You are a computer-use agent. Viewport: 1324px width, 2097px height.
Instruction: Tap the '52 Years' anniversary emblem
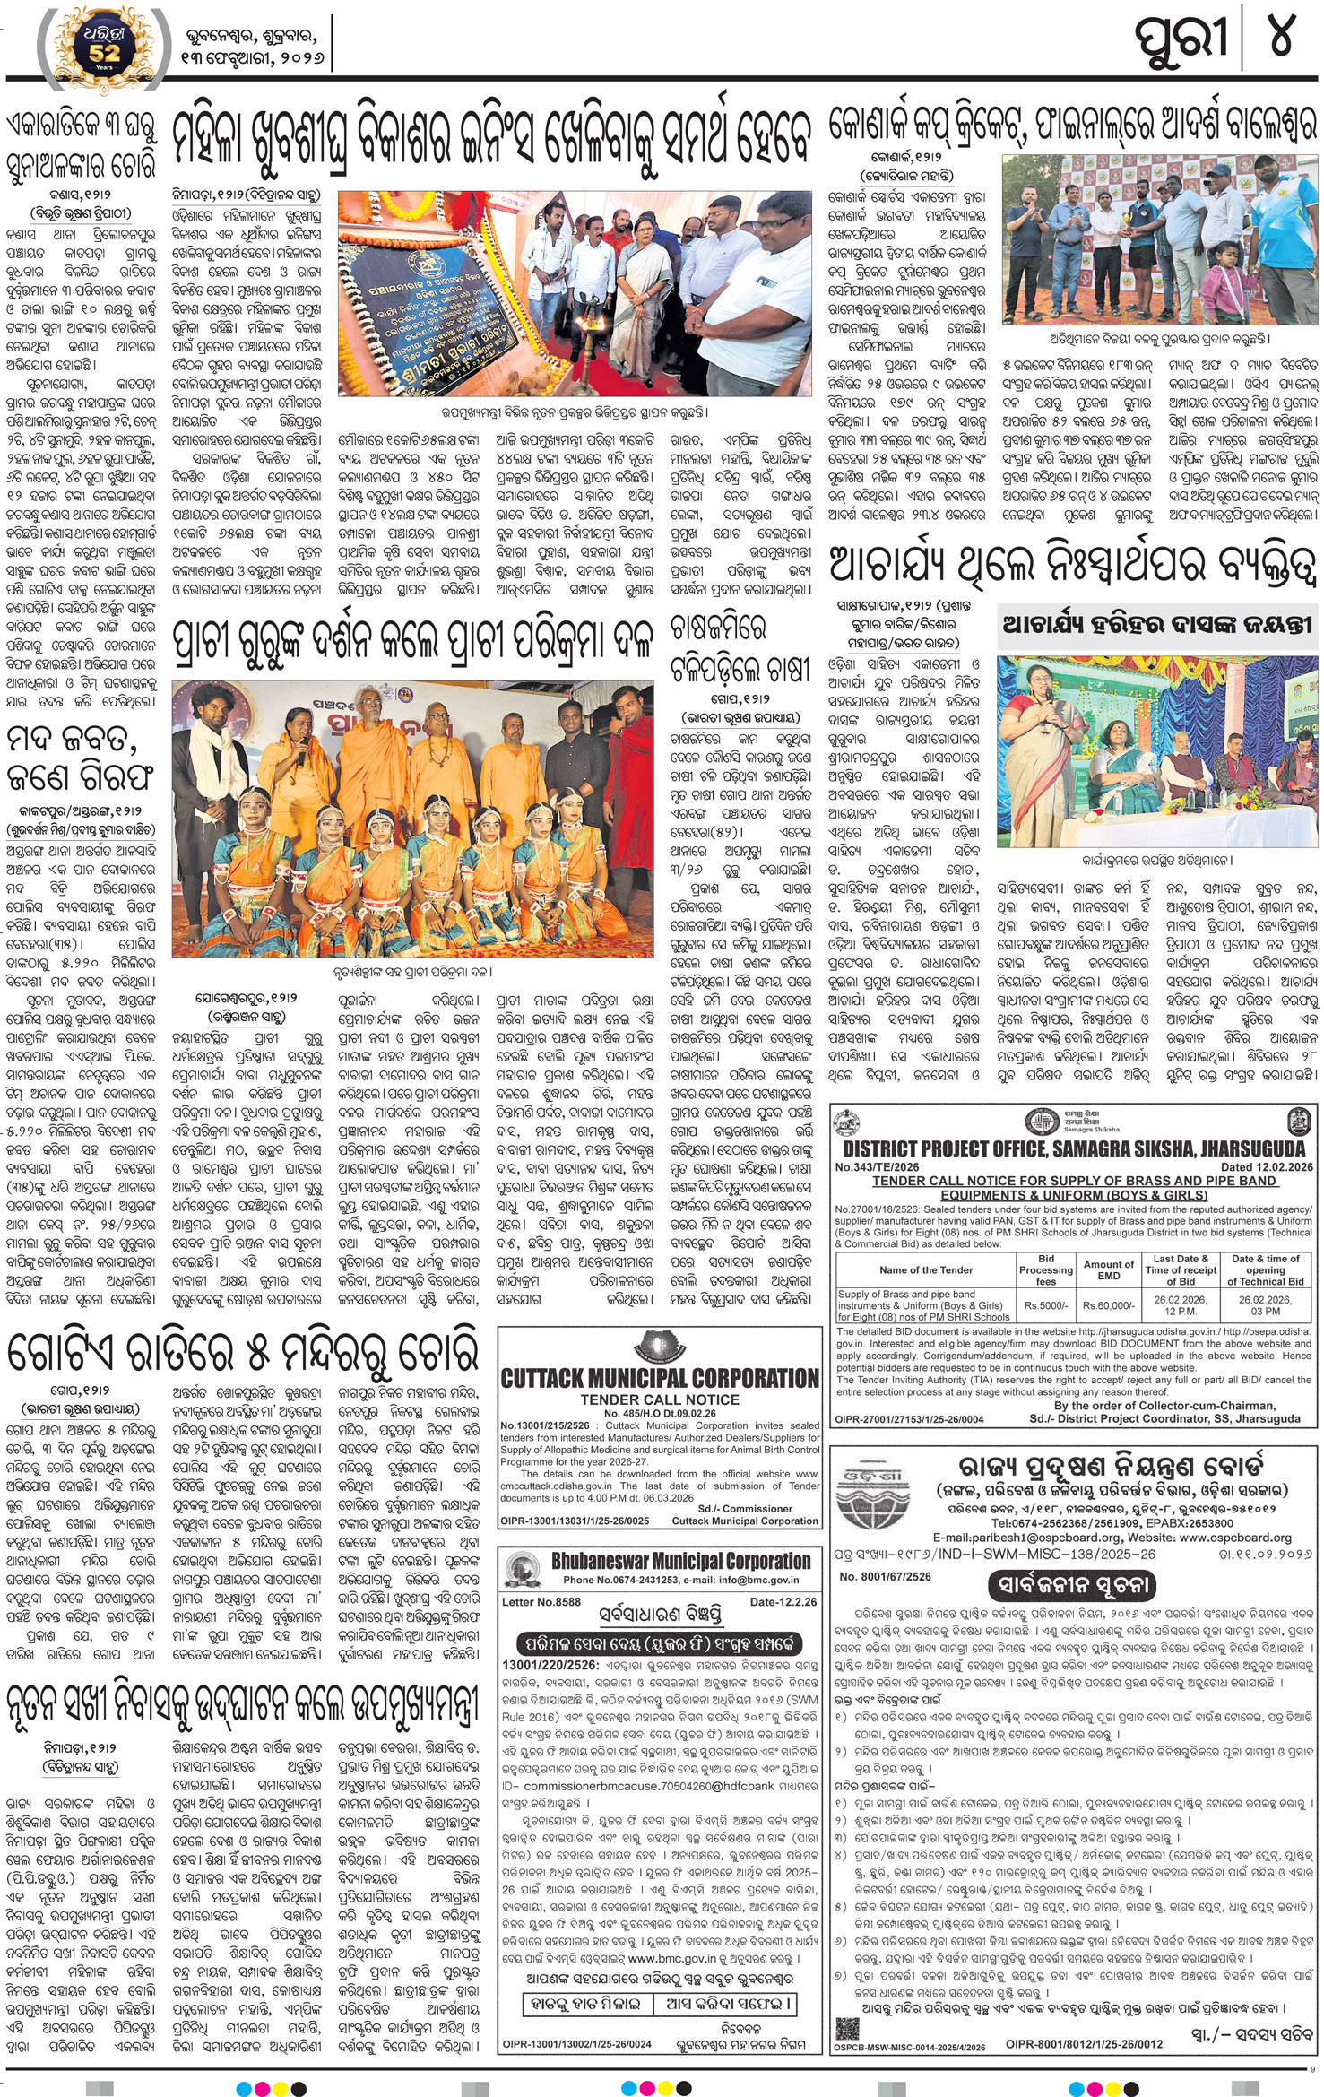pos(105,42)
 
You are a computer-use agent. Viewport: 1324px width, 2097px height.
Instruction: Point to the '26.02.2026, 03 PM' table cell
pos(1265,1304)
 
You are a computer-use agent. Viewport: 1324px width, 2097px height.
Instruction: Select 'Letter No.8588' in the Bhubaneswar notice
pos(541,1601)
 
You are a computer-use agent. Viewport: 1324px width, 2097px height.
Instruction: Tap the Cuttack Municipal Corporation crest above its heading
pos(659,1348)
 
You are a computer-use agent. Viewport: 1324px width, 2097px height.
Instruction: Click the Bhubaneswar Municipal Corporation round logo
pos(524,1570)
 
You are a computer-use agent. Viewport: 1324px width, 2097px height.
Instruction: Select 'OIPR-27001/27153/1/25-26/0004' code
pos(908,1419)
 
